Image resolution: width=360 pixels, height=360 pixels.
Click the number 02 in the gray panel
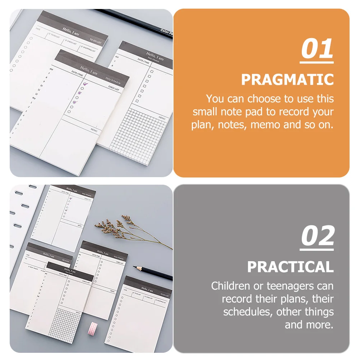coord(317,236)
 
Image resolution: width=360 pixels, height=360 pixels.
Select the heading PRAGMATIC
coord(287,79)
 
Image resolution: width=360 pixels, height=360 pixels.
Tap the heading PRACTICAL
coord(290,267)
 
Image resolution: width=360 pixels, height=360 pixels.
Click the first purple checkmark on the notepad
coord(85,84)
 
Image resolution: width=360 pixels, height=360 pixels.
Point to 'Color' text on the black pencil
coord(166,32)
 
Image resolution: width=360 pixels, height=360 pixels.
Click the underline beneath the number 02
coord(317,249)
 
